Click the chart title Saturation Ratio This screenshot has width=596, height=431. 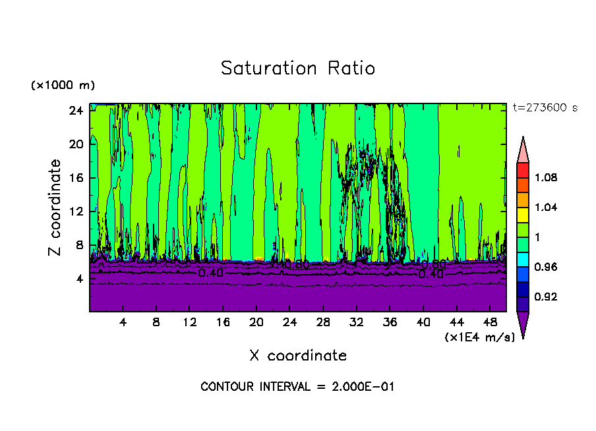point(298,69)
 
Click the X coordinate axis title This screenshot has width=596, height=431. point(298,356)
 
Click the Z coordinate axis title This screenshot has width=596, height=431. point(55,208)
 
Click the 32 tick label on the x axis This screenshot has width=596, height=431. point(357,322)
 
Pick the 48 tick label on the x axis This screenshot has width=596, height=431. point(491,322)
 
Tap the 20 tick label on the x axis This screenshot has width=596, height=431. point(256,322)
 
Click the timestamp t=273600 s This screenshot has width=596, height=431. point(545,107)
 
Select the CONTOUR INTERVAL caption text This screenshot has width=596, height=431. point(297,387)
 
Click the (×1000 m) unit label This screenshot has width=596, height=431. point(63,86)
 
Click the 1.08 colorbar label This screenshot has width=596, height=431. point(546,178)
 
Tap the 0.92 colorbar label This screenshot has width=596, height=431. point(546,297)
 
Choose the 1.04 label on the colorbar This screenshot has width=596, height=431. point(546,208)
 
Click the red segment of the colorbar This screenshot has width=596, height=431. point(523,170)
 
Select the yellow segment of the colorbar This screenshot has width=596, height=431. point(523,214)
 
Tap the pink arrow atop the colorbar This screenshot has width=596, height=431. point(523,151)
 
